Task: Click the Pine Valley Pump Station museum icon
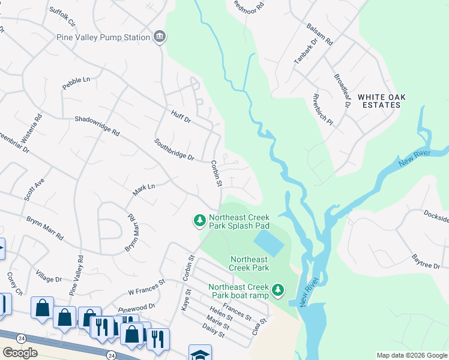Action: coord(160,37)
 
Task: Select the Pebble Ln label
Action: coord(76,83)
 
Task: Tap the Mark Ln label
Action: coord(144,190)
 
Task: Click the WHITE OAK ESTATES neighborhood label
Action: coord(379,100)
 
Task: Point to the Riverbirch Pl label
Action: coord(322,109)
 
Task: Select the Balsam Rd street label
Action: coord(323,35)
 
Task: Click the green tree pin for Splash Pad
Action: coord(199,221)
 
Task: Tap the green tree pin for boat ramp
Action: coord(277,290)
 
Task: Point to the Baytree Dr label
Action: coord(426,262)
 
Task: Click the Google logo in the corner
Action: coord(20,353)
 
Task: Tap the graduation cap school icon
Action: coord(199,354)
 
